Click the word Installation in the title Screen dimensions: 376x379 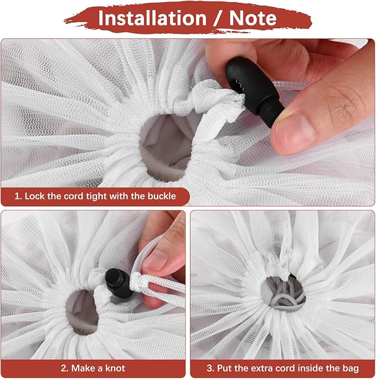pyautogui.click(x=152, y=18)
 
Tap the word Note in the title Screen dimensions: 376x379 pyautogui.click(x=253, y=18)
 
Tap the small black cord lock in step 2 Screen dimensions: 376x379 pyautogui.click(x=119, y=283)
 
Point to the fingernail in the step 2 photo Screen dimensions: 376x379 pyautogui.click(x=155, y=261)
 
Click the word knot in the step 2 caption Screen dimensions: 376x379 pyautogui.click(x=115, y=368)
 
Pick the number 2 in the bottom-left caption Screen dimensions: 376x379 pyautogui.click(x=64, y=368)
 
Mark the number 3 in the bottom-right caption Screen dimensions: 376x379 pyautogui.click(x=209, y=368)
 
